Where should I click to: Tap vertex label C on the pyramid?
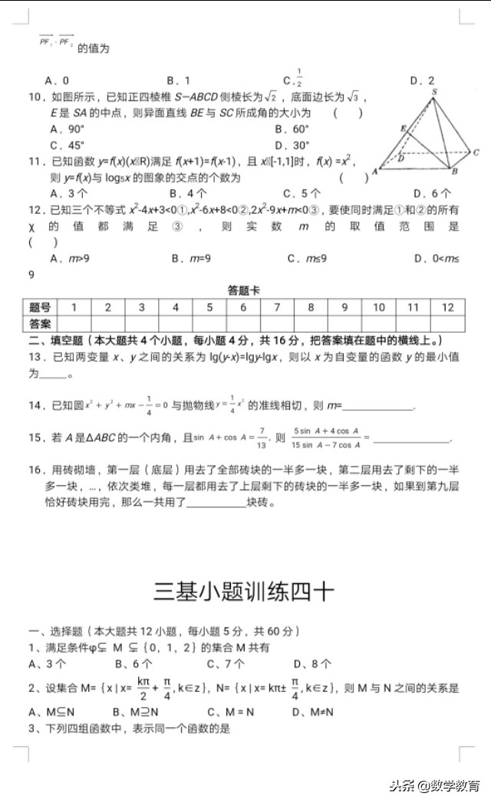(476, 152)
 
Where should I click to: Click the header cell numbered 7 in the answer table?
(277, 307)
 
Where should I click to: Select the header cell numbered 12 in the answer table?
(447, 307)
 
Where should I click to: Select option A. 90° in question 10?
(67, 129)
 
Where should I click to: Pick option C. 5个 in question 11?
(302, 194)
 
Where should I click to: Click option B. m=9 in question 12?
(190, 258)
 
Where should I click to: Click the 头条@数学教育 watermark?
(434, 785)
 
